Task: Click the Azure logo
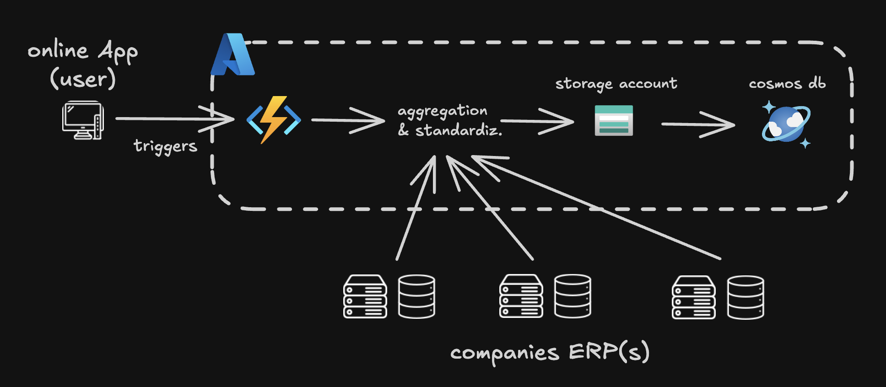[232, 54]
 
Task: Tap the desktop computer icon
[83, 120]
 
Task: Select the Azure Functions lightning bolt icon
[274, 120]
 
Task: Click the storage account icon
[614, 121]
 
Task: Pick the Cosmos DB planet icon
[786, 124]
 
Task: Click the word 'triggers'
[165, 146]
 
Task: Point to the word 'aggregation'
[442, 111]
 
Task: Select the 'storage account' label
[616, 84]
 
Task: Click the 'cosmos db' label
[787, 84]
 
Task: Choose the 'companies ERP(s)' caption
[550, 353]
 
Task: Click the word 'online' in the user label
[58, 50]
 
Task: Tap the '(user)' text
[83, 78]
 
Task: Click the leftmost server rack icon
[365, 296]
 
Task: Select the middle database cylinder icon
[573, 296]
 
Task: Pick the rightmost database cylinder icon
[746, 297]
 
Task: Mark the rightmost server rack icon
[693, 297]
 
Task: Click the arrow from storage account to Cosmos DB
[698, 124]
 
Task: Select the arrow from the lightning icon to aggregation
[348, 120]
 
